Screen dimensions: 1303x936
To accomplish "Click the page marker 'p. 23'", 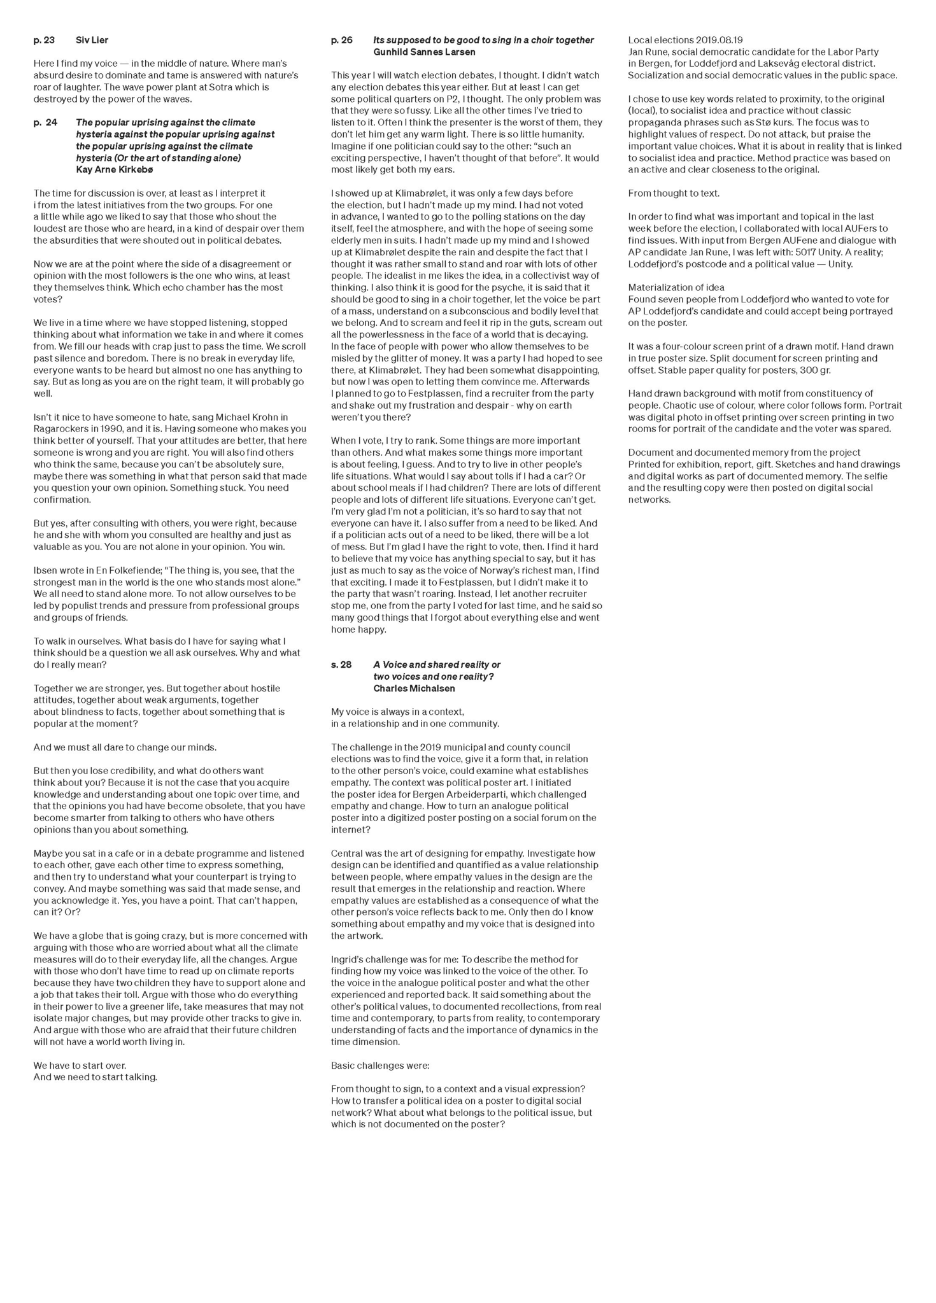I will click(x=44, y=40).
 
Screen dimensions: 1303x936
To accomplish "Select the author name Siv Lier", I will click(x=92, y=40).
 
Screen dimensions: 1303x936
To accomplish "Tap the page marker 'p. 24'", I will click(x=45, y=122).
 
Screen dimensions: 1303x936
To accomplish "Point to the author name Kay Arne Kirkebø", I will click(x=114, y=170).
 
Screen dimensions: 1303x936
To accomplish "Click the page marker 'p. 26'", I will click(x=341, y=40).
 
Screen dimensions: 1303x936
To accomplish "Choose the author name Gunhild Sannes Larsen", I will click(x=424, y=52).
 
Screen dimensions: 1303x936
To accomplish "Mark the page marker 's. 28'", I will click(x=341, y=665).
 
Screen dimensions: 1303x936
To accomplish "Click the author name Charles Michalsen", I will click(x=414, y=688).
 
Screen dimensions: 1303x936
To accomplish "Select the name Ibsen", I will click(x=45, y=570).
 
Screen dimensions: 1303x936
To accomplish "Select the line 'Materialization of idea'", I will click(x=676, y=288).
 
